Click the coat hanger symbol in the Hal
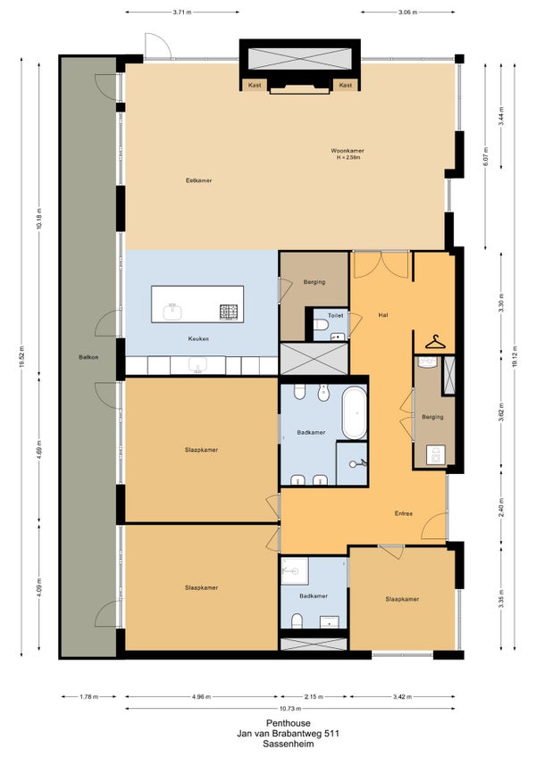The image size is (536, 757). (x=436, y=342)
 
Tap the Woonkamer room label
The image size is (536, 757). (x=347, y=151)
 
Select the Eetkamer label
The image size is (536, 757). (x=198, y=180)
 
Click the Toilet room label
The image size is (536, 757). (x=335, y=315)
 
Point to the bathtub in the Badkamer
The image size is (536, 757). (x=355, y=412)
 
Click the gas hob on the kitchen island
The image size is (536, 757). (x=229, y=312)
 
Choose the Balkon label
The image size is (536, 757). (x=88, y=357)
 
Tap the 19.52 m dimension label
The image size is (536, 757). (x=21, y=356)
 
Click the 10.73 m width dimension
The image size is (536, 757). (x=290, y=709)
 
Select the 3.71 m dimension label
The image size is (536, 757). (x=181, y=12)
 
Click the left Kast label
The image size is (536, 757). (x=255, y=85)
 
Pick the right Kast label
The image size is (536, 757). (x=345, y=85)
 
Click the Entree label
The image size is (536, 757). (x=404, y=513)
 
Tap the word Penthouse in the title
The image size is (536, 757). (x=288, y=723)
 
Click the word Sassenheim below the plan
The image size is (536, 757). (x=288, y=744)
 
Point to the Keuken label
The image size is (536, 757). (x=198, y=339)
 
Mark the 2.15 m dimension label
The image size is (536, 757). (x=314, y=696)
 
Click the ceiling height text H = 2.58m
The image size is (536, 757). (x=347, y=157)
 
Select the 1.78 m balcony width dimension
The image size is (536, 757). (x=89, y=696)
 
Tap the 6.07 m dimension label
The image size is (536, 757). (x=486, y=156)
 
